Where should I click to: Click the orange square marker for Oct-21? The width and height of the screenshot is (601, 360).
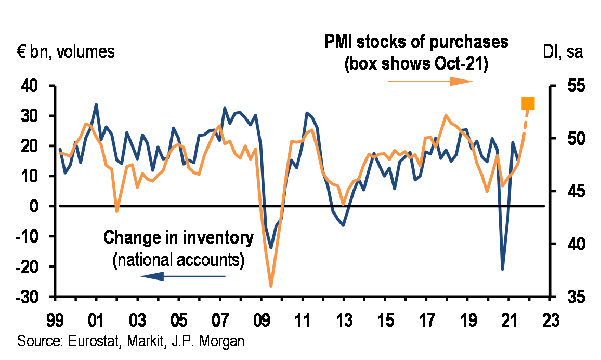[528, 104]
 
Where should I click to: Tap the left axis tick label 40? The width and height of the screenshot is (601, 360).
[31, 86]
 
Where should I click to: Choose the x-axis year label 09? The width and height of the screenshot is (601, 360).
[262, 317]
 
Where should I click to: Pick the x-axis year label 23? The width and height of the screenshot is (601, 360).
[551, 317]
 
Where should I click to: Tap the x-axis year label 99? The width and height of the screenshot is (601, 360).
[55, 317]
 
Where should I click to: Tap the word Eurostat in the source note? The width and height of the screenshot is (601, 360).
[82, 341]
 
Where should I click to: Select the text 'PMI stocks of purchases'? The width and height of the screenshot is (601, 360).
[416, 42]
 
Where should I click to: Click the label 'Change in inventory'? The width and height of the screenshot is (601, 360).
[178, 238]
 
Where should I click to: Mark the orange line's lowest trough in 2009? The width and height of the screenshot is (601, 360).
[271, 286]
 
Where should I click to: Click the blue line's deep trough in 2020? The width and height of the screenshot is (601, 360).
[502, 269]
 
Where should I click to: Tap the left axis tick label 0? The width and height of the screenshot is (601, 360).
[37, 207]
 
